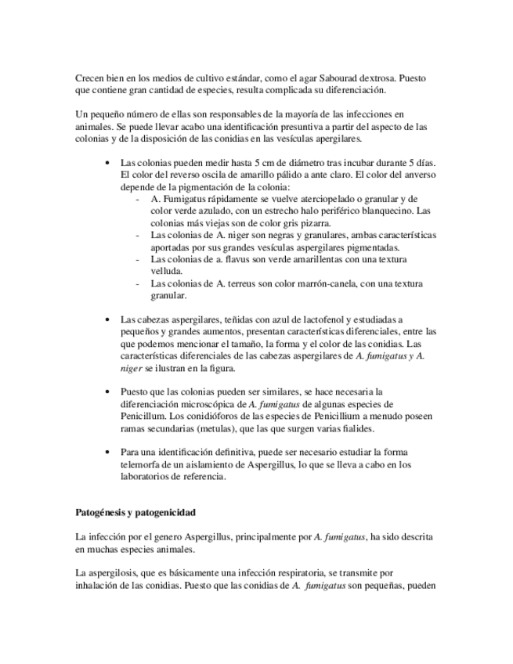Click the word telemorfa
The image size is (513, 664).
click(x=143, y=464)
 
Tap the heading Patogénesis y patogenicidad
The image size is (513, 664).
click(x=135, y=513)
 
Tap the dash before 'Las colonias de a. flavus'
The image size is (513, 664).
click(x=139, y=259)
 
